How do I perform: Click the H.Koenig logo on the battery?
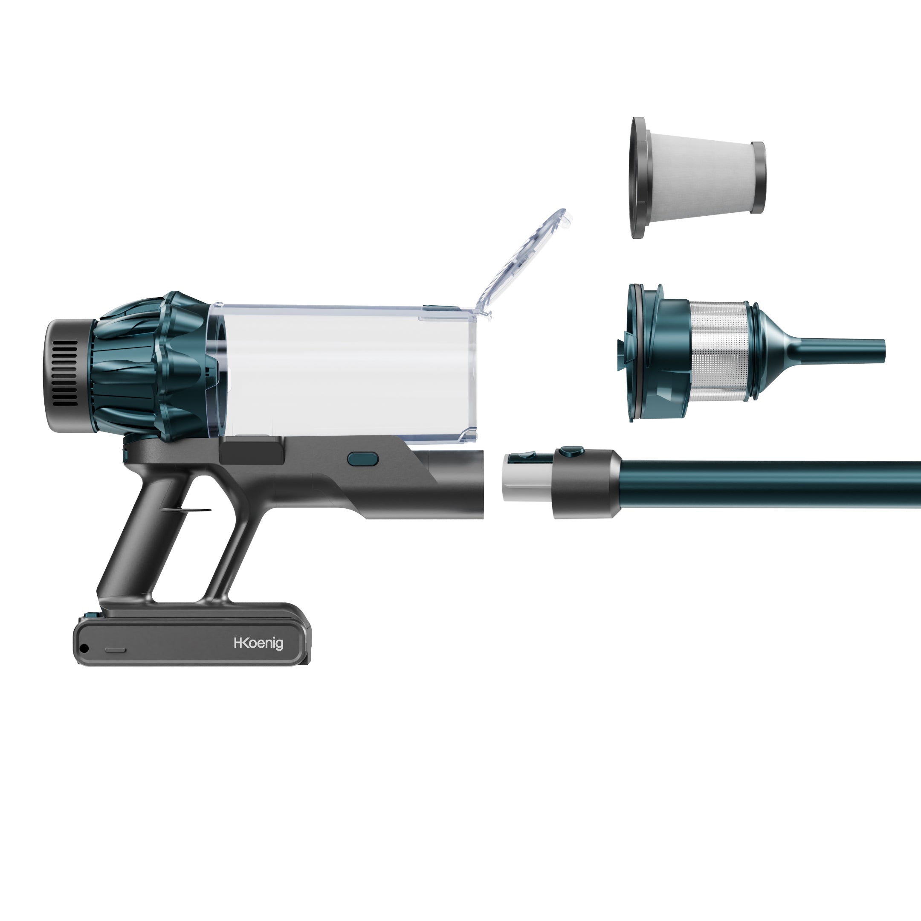point(258,643)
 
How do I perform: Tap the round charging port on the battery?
point(84,649)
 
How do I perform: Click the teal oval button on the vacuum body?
point(363,460)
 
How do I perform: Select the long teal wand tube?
point(772,484)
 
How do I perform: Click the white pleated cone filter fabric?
point(698,177)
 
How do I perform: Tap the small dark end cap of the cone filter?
point(758,177)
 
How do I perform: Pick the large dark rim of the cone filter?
point(638,177)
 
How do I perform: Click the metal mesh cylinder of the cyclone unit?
point(718,350)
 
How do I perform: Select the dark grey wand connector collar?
point(586,484)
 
